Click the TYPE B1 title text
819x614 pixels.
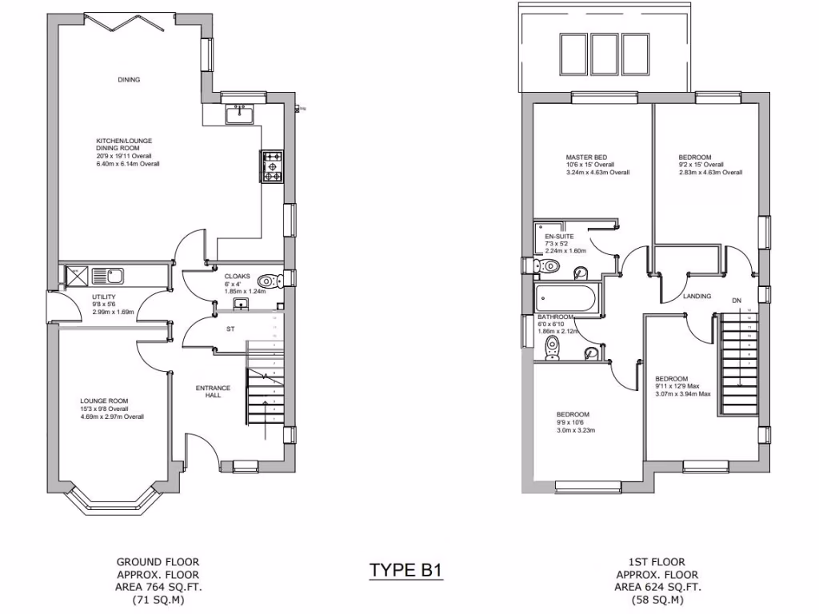pyautogui.click(x=405, y=571)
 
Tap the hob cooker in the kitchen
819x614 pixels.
pyautogui.click(x=271, y=166)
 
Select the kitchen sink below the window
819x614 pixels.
pyautogui.click(x=239, y=115)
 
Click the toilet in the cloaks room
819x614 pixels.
pyautogui.click(x=269, y=281)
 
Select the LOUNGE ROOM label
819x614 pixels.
pyautogui.click(x=103, y=401)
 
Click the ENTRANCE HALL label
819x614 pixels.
pyautogui.click(x=213, y=392)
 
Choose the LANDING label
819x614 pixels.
pyautogui.click(x=697, y=297)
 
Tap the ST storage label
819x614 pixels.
pyautogui.click(x=230, y=329)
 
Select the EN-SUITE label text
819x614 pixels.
pyautogui.click(x=558, y=237)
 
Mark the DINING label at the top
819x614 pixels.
pyautogui.click(x=129, y=80)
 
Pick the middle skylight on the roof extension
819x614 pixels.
pyautogui.click(x=601, y=54)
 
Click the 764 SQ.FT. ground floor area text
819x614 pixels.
pyautogui.click(x=158, y=587)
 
